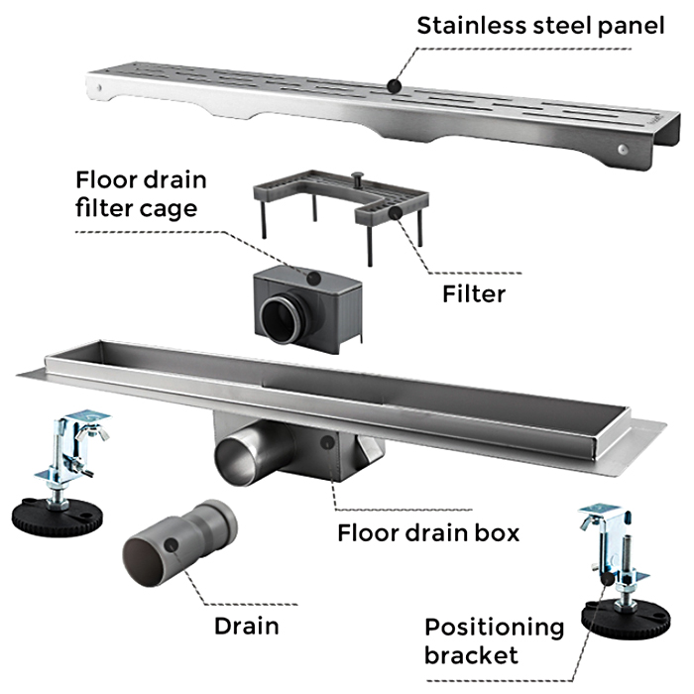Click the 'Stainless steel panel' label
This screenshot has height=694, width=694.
(540, 25)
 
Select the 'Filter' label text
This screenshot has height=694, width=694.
(473, 293)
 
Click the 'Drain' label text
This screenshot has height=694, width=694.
(246, 626)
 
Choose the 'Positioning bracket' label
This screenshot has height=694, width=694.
(493, 640)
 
